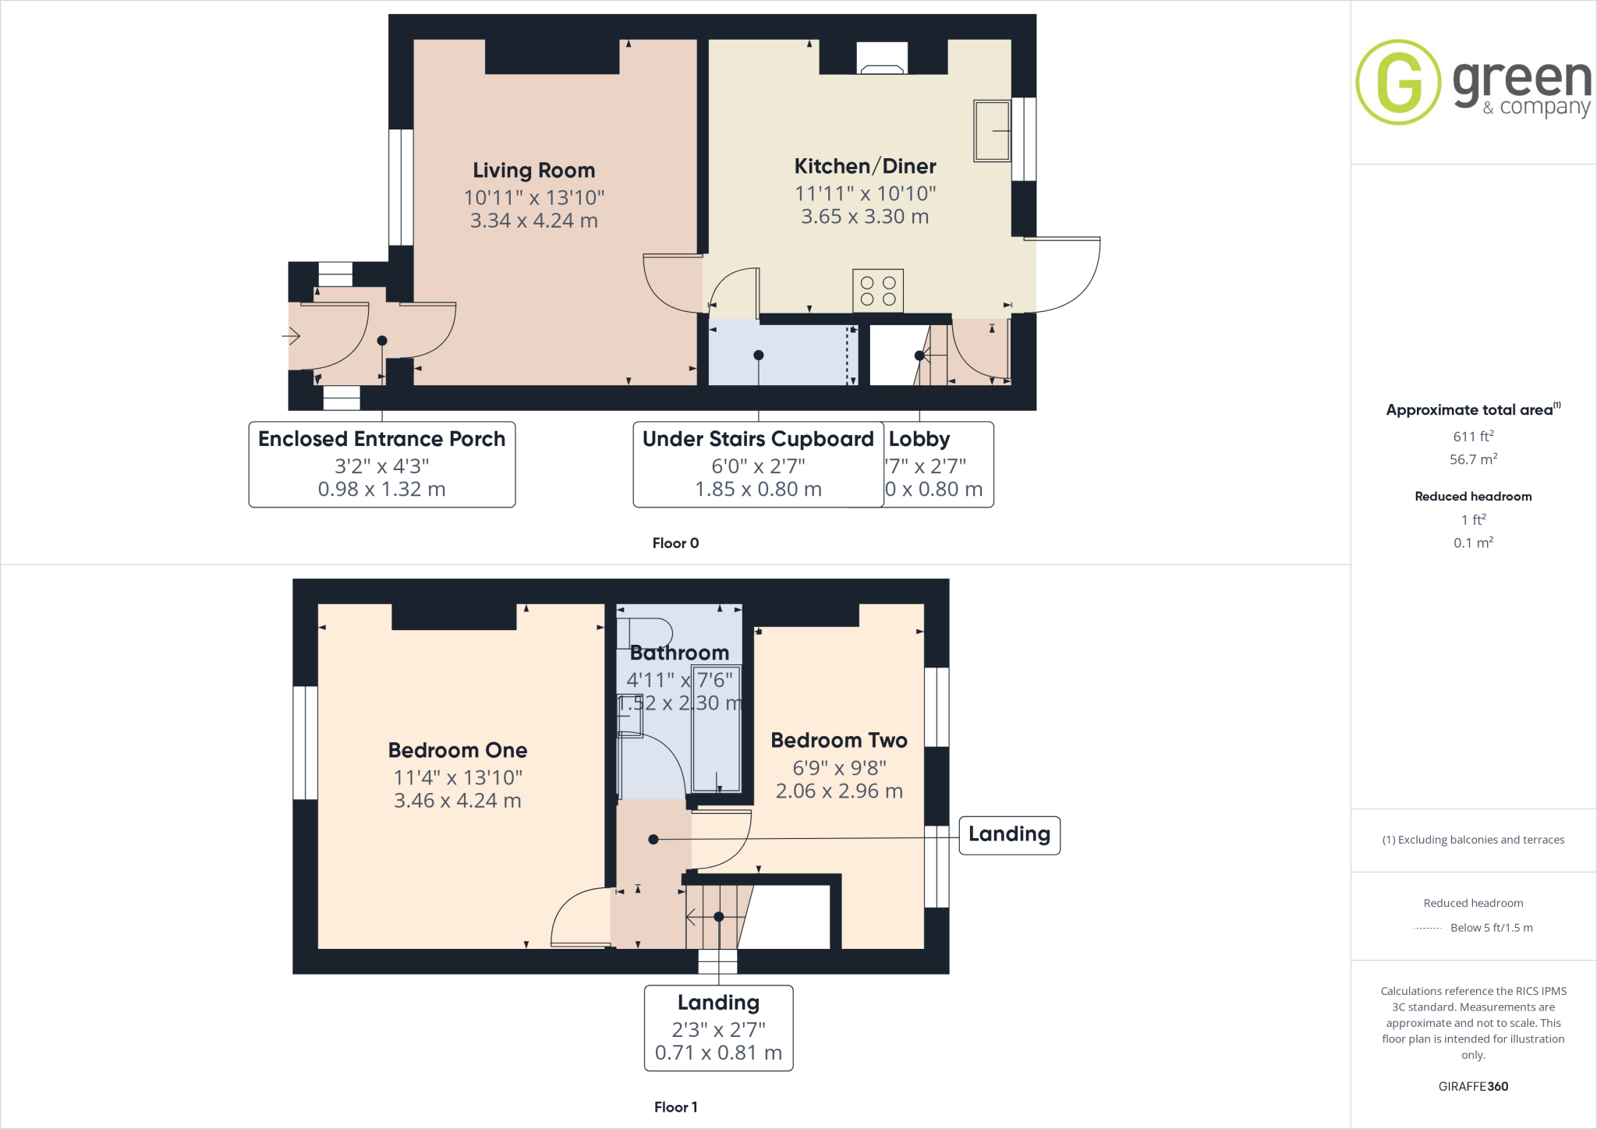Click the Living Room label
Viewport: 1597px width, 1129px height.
click(x=533, y=170)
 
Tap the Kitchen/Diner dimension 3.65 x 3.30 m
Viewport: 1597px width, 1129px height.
click(x=865, y=217)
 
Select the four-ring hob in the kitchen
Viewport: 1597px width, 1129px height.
click(x=878, y=291)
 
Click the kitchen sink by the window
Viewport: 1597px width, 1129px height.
click(x=992, y=131)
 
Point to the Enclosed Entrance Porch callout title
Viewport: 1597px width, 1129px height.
click(x=381, y=439)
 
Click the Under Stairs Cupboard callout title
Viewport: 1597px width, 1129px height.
click(x=757, y=439)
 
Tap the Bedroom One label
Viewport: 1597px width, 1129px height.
click(x=458, y=750)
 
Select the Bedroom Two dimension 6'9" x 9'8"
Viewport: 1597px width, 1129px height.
click(x=839, y=768)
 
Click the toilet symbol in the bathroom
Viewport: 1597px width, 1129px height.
click(x=645, y=634)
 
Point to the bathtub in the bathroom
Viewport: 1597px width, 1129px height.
click(x=716, y=729)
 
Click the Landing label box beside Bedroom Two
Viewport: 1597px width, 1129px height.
click(x=1009, y=834)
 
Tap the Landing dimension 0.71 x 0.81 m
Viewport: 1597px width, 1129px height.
click(x=718, y=1053)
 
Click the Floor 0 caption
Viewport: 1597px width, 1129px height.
click(x=675, y=543)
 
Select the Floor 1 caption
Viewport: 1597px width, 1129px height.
click(x=675, y=1107)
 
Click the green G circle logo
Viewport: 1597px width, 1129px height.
click(x=1398, y=82)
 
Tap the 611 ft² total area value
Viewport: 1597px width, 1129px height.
click(x=1473, y=437)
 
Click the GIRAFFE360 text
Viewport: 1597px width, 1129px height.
click(x=1473, y=1086)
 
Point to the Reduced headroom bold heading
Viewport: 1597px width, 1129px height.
click(x=1473, y=497)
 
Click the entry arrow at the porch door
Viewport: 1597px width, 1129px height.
click(x=292, y=336)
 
